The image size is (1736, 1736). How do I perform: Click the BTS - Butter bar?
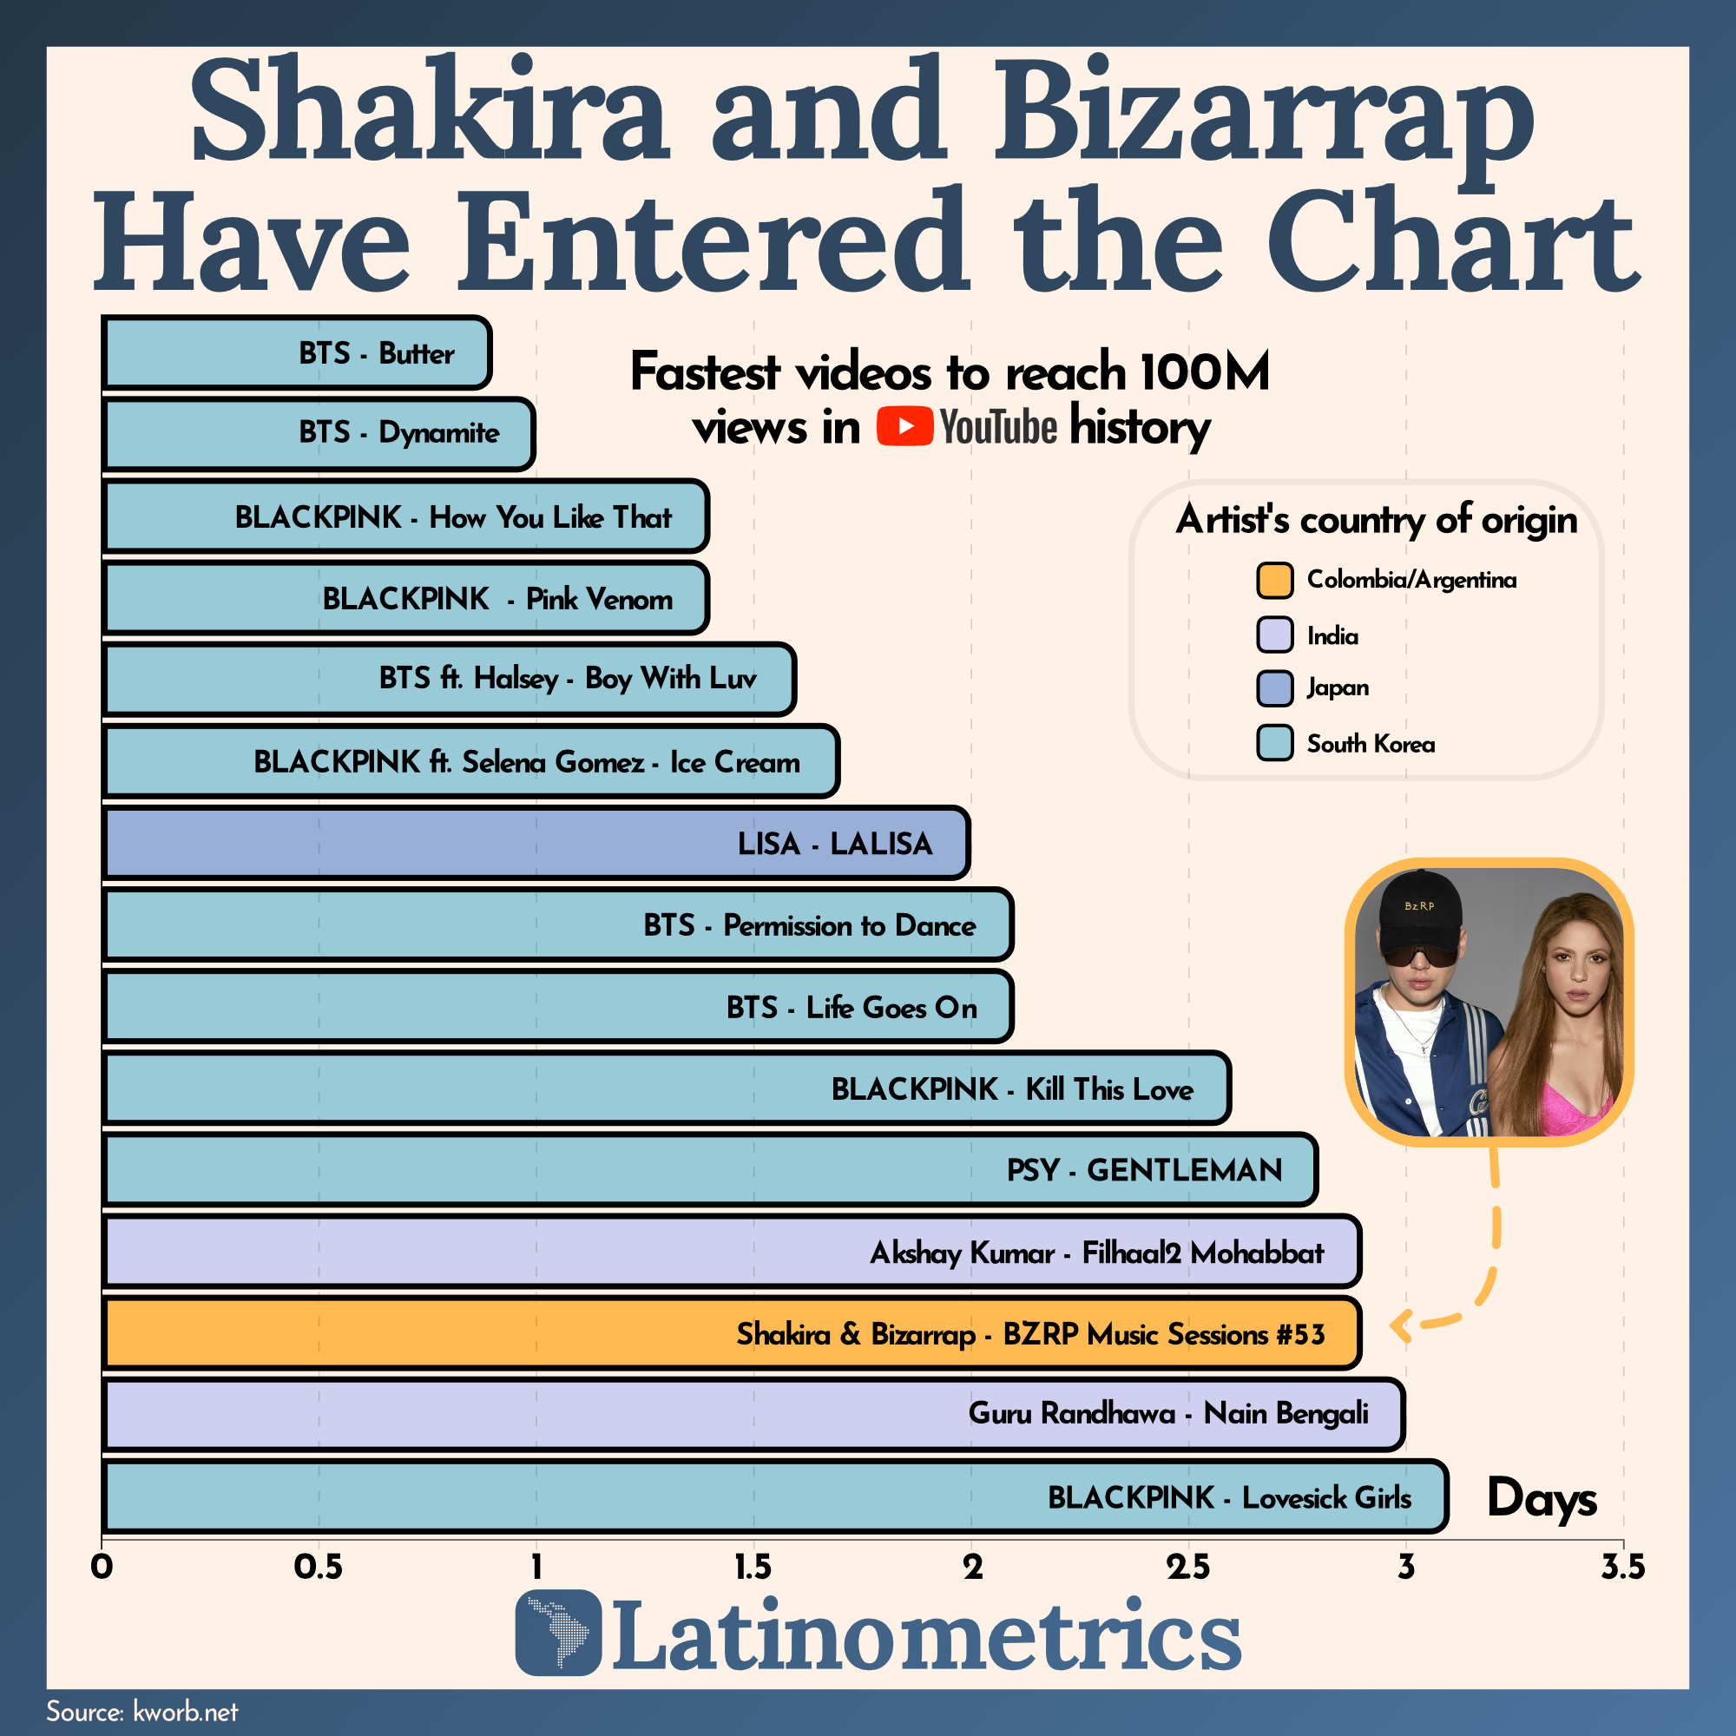(x=297, y=352)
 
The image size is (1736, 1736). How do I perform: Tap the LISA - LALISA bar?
(x=536, y=843)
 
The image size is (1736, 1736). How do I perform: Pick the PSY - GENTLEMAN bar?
(x=710, y=1169)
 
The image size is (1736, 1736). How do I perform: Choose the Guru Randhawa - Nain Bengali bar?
(x=753, y=1414)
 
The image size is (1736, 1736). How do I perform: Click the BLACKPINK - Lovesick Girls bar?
(x=774, y=1497)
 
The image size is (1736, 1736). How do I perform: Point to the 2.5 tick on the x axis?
(x=1188, y=1567)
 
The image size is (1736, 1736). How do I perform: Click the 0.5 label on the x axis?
(x=318, y=1567)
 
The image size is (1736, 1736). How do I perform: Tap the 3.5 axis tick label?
(x=1623, y=1567)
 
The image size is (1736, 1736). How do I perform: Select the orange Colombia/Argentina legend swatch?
(x=1274, y=581)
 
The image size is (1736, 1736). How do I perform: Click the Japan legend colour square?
(x=1274, y=688)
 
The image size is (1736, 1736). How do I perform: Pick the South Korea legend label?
(x=1371, y=744)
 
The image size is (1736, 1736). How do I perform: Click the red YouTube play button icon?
(x=904, y=426)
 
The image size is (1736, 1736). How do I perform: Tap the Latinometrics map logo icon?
(x=558, y=1633)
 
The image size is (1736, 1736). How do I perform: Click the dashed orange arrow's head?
(x=1398, y=1325)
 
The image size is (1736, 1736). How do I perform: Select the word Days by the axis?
(x=1542, y=1499)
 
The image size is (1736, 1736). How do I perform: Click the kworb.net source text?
(x=185, y=1712)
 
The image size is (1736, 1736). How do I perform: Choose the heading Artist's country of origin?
(x=1376, y=519)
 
